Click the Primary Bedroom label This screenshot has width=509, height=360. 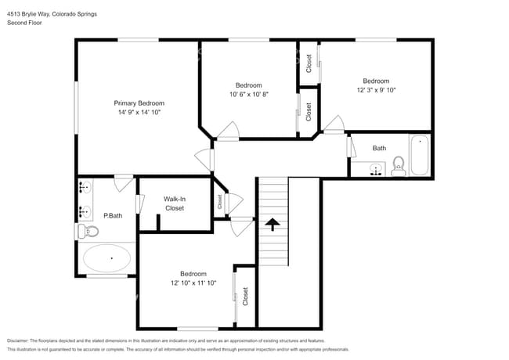[139, 103]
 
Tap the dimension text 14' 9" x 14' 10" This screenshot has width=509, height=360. [139, 113]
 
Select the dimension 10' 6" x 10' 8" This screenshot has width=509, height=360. [248, 95]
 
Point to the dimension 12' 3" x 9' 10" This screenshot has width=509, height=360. [376, 90]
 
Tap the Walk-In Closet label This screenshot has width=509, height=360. [174, 203]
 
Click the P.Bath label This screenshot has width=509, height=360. [113, 215]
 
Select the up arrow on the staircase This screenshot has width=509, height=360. [273, 225]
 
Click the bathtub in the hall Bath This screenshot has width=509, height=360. [420, 155]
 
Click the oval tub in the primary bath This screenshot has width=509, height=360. [107, 257]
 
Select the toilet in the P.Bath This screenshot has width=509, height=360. [88, 231]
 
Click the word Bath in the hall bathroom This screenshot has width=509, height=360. [379, 148]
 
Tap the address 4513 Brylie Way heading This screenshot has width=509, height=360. [52, 13]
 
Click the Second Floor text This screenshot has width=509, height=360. [24, 23]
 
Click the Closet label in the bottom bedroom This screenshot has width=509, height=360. [245, 296]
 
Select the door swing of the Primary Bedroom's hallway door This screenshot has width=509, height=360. [204, 158]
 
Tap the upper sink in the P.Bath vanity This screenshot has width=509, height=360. [85, 188]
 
